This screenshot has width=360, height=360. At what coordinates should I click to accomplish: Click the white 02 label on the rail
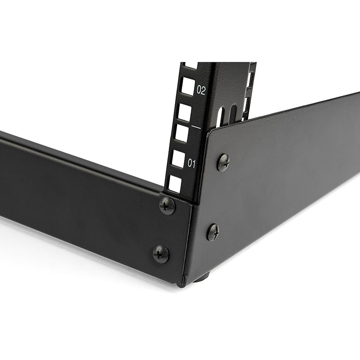coord(201,90)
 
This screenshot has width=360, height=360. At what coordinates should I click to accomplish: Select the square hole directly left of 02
coord(188,86)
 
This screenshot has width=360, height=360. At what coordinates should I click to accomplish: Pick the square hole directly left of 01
coord(178,159)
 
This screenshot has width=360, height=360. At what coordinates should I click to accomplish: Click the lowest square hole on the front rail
coord(175,184)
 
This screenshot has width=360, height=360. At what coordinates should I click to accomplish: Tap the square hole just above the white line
coord(184,112)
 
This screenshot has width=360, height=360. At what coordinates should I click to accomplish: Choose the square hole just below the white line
coord(181,133)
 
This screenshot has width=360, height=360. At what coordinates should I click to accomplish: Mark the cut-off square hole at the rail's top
coord(191,66)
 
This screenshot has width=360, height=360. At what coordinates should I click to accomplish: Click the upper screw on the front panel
coord(167,206)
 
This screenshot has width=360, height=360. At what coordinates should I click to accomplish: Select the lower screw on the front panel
coord(161,254)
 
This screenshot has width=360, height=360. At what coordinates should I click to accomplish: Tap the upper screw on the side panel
coord(223,162)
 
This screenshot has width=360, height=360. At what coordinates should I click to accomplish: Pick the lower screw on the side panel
coord(213,232)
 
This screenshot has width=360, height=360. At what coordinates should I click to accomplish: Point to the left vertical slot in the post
coord(220,118)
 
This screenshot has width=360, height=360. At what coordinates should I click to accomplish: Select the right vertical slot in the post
coord(232,114)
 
